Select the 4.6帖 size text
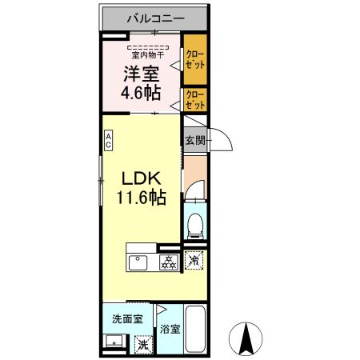coord(142,93)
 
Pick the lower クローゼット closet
coord(194,99)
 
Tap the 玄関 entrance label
coord(194,141)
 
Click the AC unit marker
coord(108,141)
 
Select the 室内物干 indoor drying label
coord(148,55)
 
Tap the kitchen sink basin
coord(137,262)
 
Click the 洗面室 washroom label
coord(126,318)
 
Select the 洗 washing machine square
coord(142,344)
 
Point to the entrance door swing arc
coord(220,142)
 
